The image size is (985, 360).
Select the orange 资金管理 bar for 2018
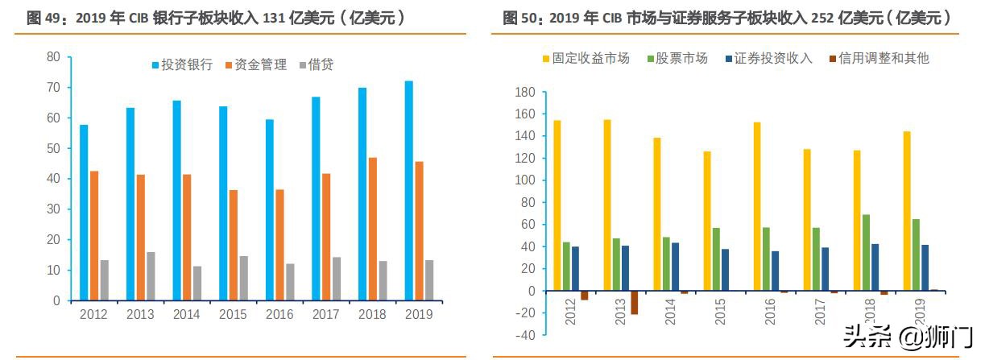click(x=373, y=229)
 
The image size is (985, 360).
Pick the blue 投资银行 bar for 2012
click(x=84, y=213)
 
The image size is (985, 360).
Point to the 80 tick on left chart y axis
click(x=54, y=57)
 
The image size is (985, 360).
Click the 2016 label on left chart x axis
click(x=280, y=314)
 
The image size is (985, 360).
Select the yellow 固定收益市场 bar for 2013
click(x=607, y=205)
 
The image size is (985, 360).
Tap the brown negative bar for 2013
click(x=634, y=302)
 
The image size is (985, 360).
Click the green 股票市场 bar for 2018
click(x=866, y=253)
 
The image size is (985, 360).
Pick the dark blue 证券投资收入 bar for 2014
click(x=675, y=267)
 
